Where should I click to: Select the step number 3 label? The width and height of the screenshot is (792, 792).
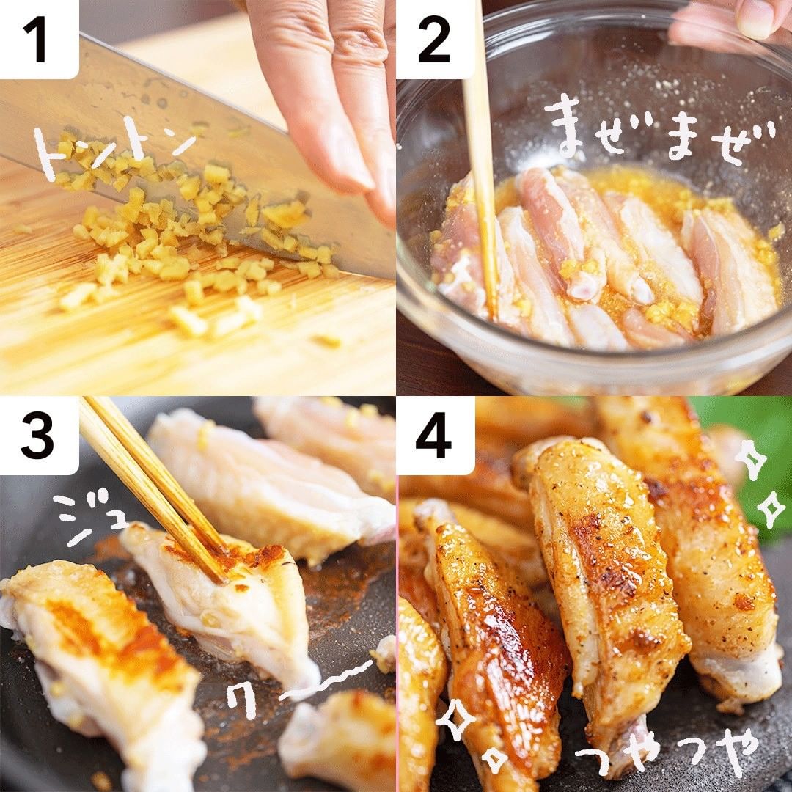click(37, 435)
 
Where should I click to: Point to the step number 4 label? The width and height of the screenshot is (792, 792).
click(433, 435)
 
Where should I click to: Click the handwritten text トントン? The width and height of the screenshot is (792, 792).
click(114, 149)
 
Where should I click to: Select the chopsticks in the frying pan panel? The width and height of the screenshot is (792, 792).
click(152, 488)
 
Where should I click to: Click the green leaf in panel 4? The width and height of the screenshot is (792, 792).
click(747, 455)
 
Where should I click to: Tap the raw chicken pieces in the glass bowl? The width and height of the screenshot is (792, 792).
click(601, 257)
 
